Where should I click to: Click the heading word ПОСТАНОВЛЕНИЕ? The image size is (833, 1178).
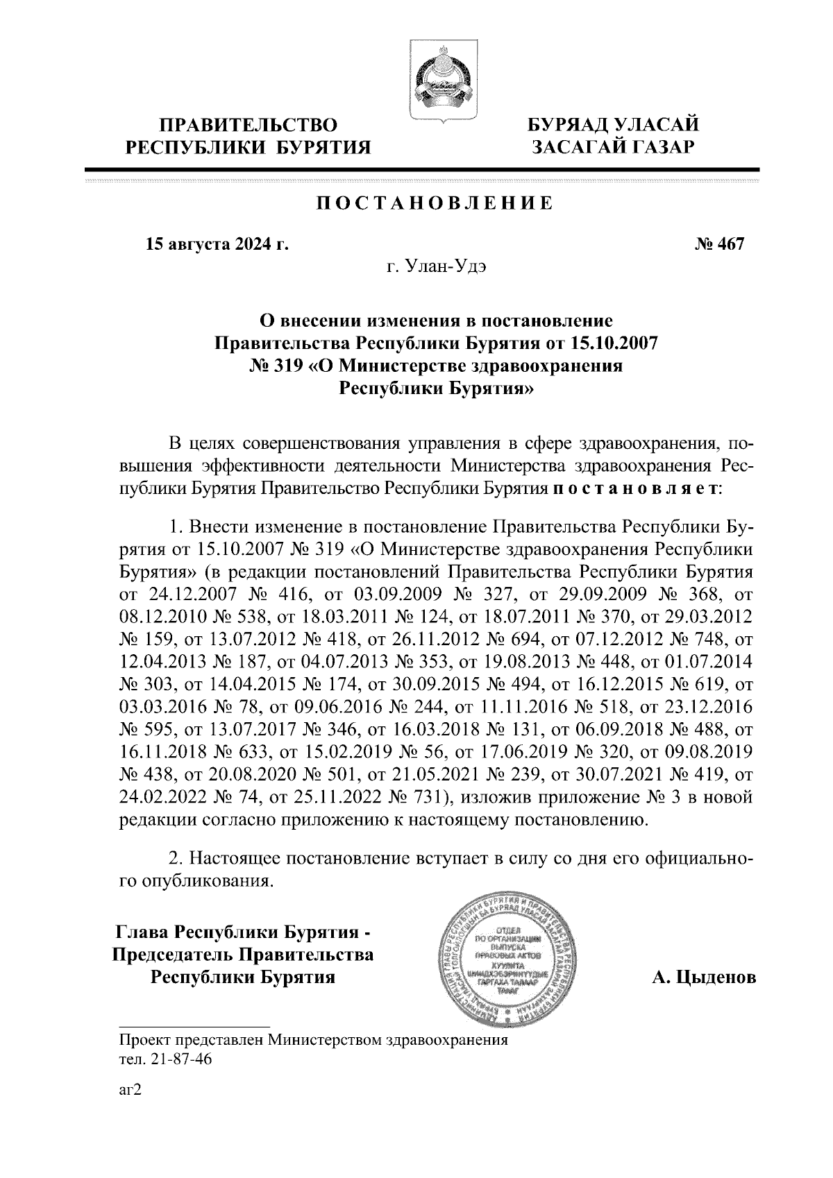[435, 203]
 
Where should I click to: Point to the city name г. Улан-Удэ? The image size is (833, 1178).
[437, 267]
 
